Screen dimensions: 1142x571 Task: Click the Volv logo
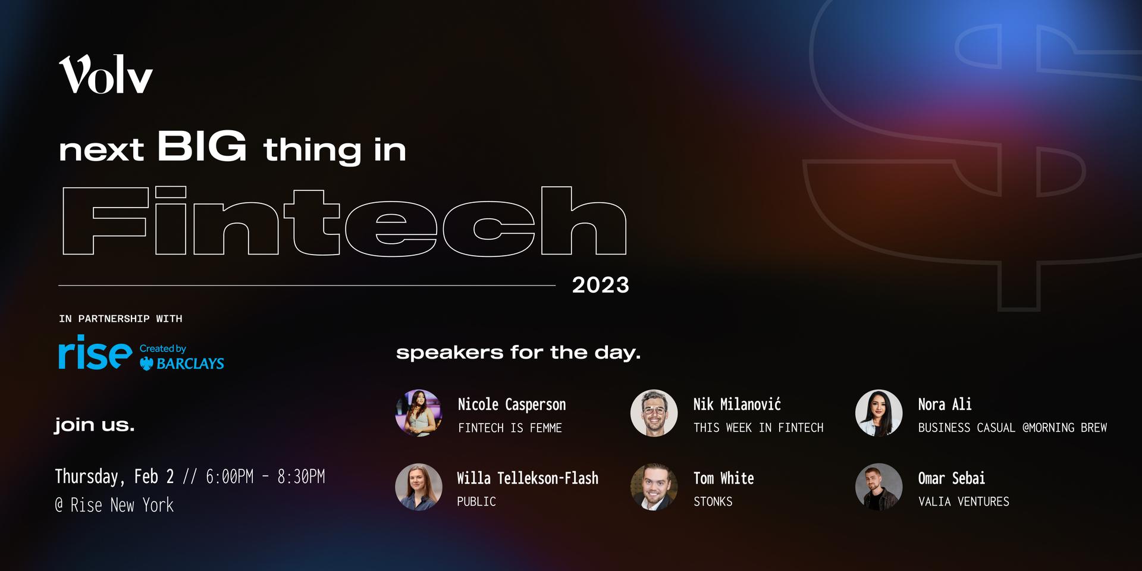106,74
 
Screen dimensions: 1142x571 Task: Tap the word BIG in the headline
202,146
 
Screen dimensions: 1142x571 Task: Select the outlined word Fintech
344,221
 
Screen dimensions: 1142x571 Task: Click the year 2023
600,285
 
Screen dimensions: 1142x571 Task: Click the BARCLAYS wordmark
190,363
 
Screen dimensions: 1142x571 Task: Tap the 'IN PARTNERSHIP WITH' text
121,319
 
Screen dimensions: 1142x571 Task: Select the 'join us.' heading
95,425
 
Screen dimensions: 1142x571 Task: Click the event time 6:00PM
230,476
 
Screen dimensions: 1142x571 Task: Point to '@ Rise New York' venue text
114,505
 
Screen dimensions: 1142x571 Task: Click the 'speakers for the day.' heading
518,353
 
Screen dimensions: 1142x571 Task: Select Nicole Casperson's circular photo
419,413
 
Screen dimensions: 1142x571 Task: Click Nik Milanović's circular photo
654,413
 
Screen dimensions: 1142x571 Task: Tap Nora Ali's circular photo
879,413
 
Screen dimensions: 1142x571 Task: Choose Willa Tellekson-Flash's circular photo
419,487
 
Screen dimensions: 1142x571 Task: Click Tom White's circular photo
654,487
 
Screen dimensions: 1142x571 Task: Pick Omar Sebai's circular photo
879,487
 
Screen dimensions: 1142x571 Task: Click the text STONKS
713,501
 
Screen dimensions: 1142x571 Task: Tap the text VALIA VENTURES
964,501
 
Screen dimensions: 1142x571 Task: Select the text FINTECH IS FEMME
510,428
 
